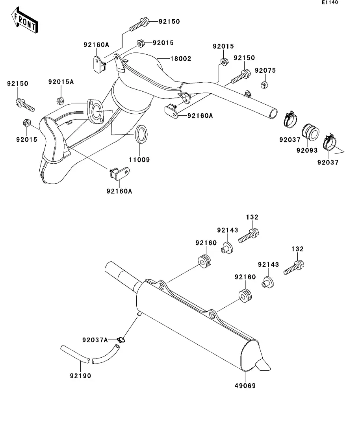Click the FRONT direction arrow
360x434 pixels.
24,20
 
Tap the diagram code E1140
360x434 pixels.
330,2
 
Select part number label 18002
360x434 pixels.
181,59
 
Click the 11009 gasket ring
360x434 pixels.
141,134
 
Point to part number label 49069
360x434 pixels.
245,386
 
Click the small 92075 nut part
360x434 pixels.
264,85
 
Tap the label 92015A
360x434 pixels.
61,82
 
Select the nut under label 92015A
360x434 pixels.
60,101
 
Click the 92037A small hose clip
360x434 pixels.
121,340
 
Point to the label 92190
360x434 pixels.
80,376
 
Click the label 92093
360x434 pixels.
307,150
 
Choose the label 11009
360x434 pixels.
139,160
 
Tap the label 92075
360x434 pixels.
265,70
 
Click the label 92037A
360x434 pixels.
95,340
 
